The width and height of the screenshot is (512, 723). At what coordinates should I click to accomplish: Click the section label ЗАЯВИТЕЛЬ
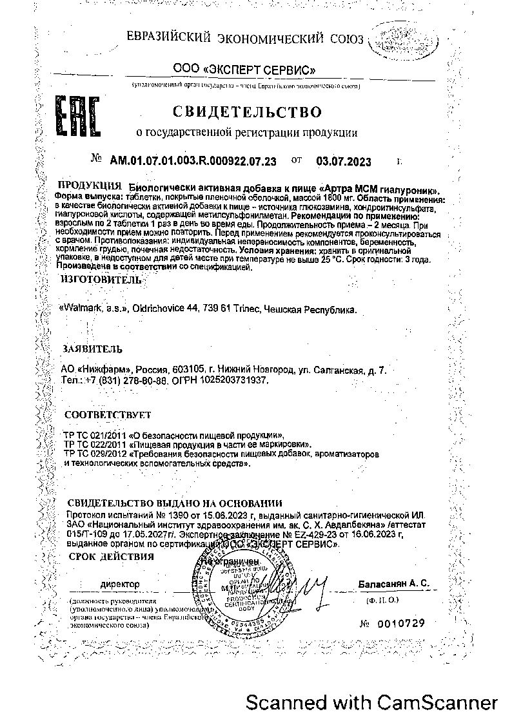(92, 349)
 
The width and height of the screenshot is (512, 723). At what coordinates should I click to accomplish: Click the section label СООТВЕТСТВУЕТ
(104, 415)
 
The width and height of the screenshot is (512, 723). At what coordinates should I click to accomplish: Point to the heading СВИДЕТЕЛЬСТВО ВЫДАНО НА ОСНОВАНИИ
(175, 503)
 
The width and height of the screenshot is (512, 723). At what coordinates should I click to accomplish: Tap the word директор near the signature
(119, 584)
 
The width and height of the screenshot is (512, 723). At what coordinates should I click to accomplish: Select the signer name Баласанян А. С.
(393, 583)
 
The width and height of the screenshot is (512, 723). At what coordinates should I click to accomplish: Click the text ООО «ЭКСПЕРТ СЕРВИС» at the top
(244, 68)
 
